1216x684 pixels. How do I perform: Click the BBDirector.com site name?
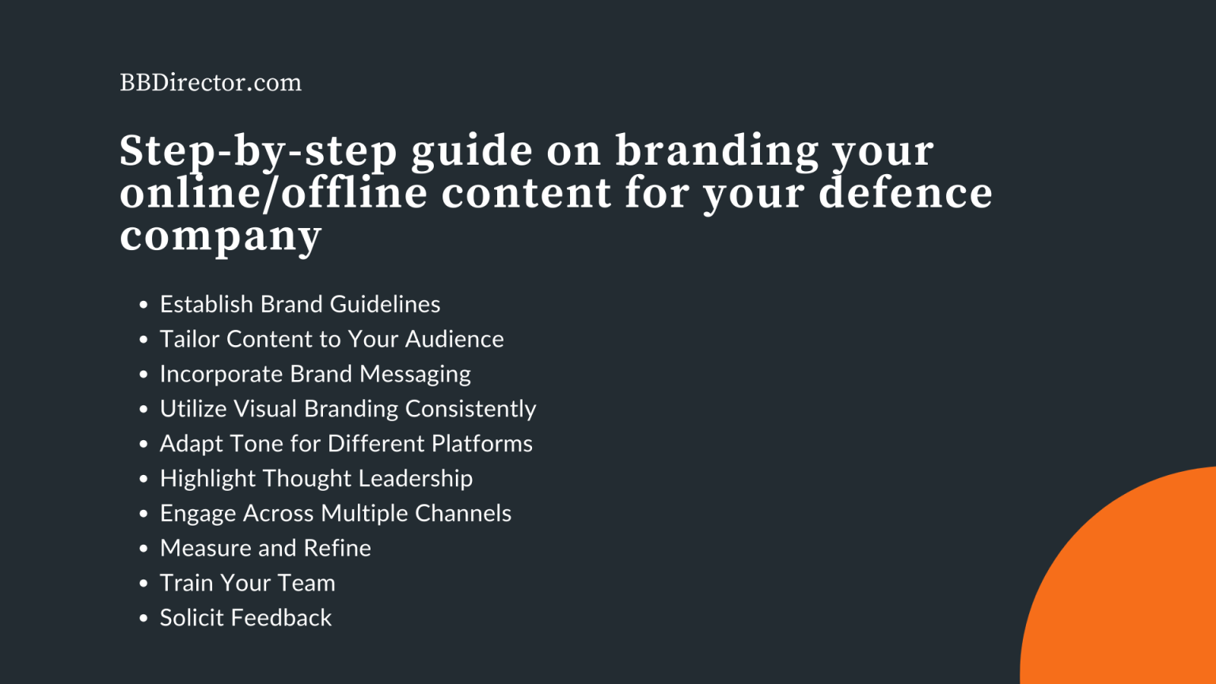211,82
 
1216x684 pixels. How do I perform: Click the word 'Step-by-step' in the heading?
258,150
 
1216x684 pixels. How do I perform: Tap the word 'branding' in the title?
717,150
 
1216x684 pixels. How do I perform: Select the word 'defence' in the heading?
906,193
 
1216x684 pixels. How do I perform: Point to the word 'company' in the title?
221,236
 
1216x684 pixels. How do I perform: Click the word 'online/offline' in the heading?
274,193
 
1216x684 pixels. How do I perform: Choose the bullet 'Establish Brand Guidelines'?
300,304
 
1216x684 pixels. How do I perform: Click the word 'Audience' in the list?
454,339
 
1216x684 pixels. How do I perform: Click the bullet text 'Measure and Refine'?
265,548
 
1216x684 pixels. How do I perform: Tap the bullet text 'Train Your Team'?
248,583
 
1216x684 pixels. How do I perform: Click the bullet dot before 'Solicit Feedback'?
143,618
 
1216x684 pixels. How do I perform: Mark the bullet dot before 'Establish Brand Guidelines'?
143,305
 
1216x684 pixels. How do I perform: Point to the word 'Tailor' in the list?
190,339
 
